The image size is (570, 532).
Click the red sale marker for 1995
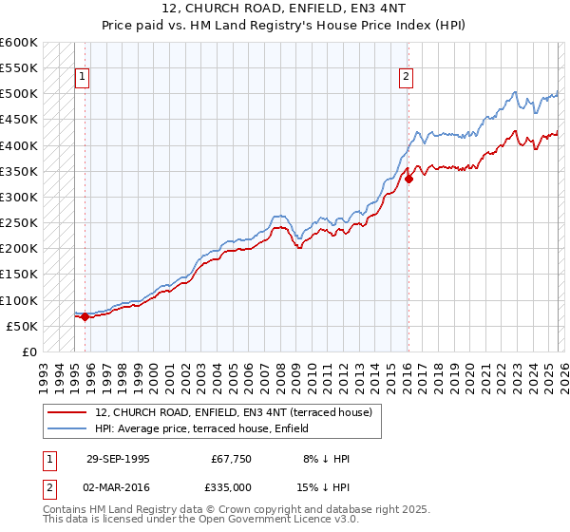(85, 317)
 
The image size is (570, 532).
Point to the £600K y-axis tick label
(19, 43)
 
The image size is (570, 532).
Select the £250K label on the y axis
(19, 223)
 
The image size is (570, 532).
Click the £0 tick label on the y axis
(28, 352)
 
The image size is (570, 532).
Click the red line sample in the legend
(68, 412)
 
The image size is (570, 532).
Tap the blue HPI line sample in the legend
(68, 427)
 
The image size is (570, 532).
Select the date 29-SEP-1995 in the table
(117, 459)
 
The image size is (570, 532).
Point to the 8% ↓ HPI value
(327, 459)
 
